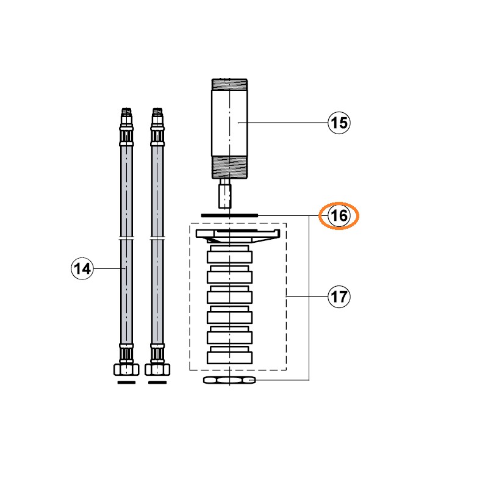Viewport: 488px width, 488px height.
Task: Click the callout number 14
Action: (x=82, y=268)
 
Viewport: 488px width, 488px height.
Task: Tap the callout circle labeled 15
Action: (x=339, y=123)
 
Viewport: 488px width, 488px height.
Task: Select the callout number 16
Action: (x=339, y=215)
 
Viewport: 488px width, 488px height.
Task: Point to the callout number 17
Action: (x=339, y=296)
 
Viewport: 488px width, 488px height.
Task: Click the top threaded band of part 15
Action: (x=229, y=84)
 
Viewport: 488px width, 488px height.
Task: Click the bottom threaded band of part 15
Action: (x=229, y=167)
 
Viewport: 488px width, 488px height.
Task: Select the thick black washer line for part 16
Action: (x=230, y=215)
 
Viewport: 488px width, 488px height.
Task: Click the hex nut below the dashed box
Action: (x=229, y=380)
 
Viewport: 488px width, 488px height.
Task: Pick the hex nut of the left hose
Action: (x=126, y=370)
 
